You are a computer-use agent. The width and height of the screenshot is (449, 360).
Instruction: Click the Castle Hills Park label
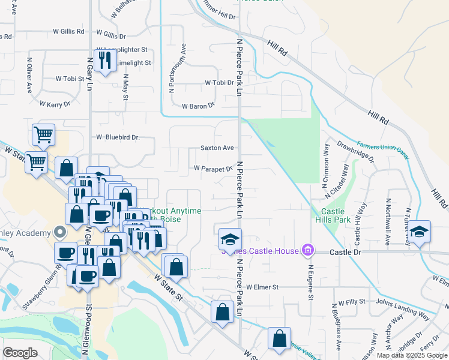point(333,217)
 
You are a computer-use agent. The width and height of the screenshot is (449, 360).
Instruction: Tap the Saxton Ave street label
point(217,148)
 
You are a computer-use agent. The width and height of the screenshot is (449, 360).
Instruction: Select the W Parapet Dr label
point(212,169)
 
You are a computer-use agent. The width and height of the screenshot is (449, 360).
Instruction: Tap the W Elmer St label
point(262,287)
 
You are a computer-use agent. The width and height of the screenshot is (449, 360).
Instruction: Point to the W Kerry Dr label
point(59,104)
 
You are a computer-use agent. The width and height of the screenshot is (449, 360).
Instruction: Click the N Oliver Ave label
point(29,74)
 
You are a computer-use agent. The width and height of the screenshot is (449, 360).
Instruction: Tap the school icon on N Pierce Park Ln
point(229,239)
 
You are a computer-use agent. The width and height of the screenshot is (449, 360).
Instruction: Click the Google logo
point(20,353)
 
